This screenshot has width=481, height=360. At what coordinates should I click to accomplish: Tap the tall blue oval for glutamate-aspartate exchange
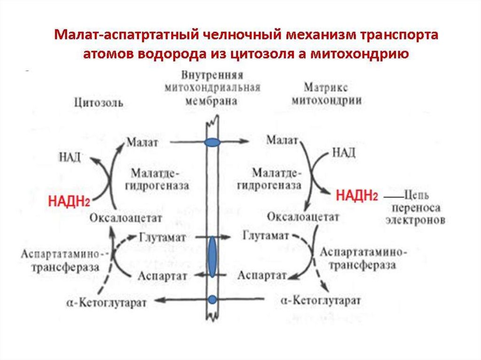(212, 257)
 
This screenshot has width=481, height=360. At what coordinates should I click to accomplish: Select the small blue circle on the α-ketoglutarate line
(212, 299)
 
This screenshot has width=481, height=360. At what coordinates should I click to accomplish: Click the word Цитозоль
(99, 103)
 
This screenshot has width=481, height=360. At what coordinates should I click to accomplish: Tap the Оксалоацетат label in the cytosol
(126, 218)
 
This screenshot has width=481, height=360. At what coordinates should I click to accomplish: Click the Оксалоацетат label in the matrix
(303, 217)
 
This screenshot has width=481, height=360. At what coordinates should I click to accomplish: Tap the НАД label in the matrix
(344, 153)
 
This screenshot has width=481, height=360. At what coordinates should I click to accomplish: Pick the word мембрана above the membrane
(211, 100)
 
